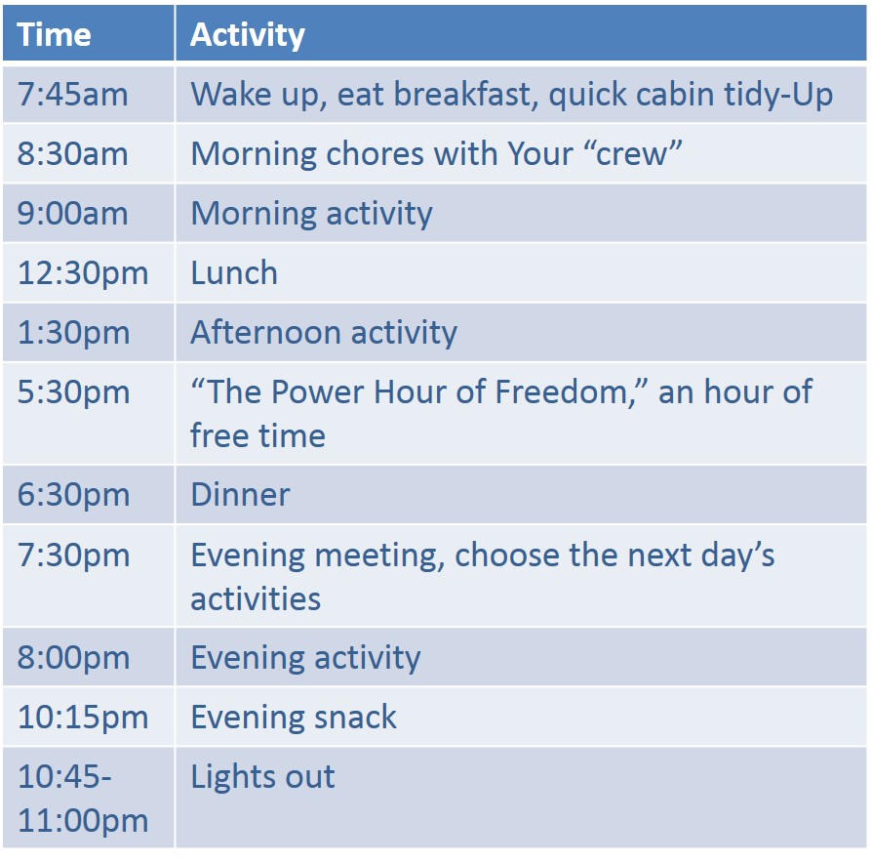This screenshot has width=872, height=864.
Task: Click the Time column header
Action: click(x=54, y=34)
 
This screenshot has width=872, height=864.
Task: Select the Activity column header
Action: click(x=248, y=35)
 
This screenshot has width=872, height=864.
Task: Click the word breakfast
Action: click(x=462, y=94)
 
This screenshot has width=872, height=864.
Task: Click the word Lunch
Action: click(x=234, y=272)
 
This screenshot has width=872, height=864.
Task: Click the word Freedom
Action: click(x=562, y=391)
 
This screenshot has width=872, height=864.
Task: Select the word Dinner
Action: click(x=240, y=494)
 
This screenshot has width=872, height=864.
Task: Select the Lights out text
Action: click(x=262, y=776)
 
